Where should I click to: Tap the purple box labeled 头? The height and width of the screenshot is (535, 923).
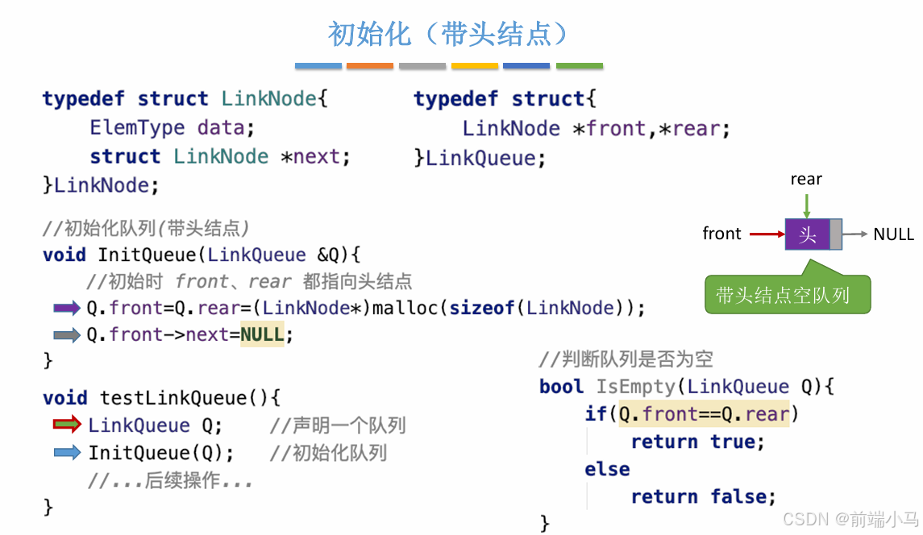pos(807,234)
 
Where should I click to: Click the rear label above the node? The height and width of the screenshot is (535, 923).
pos(806,179)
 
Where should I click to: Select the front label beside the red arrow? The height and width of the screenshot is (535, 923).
pos(721,234)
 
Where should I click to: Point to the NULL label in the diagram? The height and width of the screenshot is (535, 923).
pos(893,234)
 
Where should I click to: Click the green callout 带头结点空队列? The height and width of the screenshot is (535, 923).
pos(783,295)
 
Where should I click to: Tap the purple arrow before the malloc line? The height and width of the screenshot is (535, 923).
pos(67,307)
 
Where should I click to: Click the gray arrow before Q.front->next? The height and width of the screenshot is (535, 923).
pos(67,334)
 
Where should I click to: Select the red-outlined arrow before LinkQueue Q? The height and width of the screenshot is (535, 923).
pos(67,425)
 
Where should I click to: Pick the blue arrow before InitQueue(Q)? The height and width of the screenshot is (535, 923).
pos(67,452)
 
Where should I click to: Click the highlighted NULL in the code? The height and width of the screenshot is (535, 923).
pos(262,334)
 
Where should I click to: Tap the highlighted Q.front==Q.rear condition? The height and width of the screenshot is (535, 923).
pos(704,414)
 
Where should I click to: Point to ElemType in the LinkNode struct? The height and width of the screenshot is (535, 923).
pos(137,127)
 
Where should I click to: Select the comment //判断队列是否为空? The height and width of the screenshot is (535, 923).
pos(626,359)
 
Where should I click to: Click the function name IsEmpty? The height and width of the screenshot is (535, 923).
pos(636,387)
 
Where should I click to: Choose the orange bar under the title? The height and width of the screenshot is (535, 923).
pos(369,65)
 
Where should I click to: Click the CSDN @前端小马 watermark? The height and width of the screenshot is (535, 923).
pos(850,519)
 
